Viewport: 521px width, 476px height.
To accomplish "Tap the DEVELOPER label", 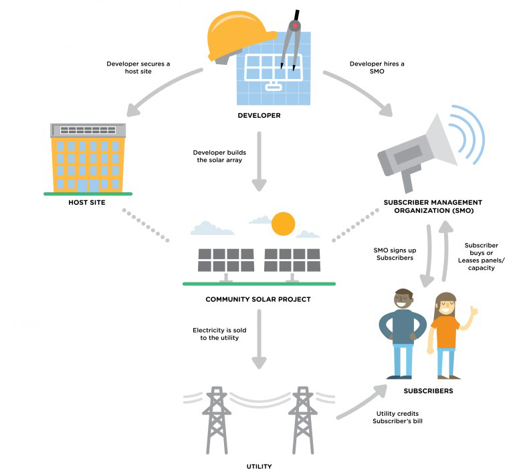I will pos(259,116).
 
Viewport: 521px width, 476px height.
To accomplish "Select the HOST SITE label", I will pos(88,202).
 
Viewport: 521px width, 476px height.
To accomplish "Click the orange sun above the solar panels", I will pos(283,224).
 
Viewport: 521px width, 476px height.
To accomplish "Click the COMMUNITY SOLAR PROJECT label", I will pos(258,299).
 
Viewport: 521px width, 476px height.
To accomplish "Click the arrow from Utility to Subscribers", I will pos(360,402).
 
